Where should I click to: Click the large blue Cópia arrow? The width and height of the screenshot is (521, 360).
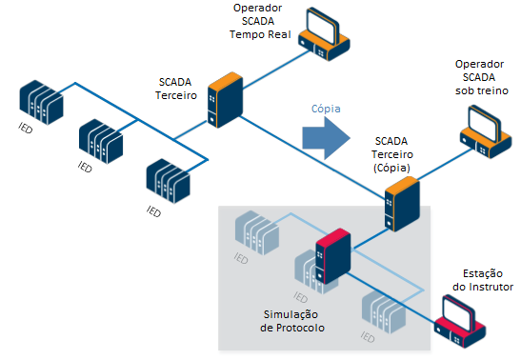[326, 138]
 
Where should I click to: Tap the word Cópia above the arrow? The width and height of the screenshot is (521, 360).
[326, 109]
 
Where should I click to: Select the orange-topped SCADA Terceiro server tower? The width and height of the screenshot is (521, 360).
[226, 100]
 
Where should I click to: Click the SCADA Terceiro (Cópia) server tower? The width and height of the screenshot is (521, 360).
[402, 204]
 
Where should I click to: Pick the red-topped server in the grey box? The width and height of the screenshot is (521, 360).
[333, 256]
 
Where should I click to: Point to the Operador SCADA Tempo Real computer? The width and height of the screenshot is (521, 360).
[324, 34]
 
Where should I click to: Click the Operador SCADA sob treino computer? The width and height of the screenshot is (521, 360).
[486, 131]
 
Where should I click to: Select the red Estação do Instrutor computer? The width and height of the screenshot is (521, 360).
[460, 322]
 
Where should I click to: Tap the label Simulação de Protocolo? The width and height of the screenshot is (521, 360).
[292, 321]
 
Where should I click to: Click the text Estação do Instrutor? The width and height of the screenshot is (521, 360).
[483, 280]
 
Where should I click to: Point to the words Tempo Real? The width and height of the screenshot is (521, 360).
[260, 34]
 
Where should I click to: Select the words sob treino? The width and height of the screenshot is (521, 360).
[482, 90]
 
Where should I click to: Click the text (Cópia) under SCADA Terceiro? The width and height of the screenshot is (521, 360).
[391, 168]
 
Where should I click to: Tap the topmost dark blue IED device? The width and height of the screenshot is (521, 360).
[41, 102]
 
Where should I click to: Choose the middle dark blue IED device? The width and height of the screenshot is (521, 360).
[101, 141]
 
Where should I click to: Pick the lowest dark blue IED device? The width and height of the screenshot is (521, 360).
[169, 181]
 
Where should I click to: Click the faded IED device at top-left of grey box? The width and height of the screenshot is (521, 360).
[257, 232]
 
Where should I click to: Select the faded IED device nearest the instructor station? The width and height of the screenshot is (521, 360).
[384, 311]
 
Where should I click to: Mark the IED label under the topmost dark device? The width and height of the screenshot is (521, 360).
[26, 128]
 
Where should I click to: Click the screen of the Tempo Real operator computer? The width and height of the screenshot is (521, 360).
[321, 28]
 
